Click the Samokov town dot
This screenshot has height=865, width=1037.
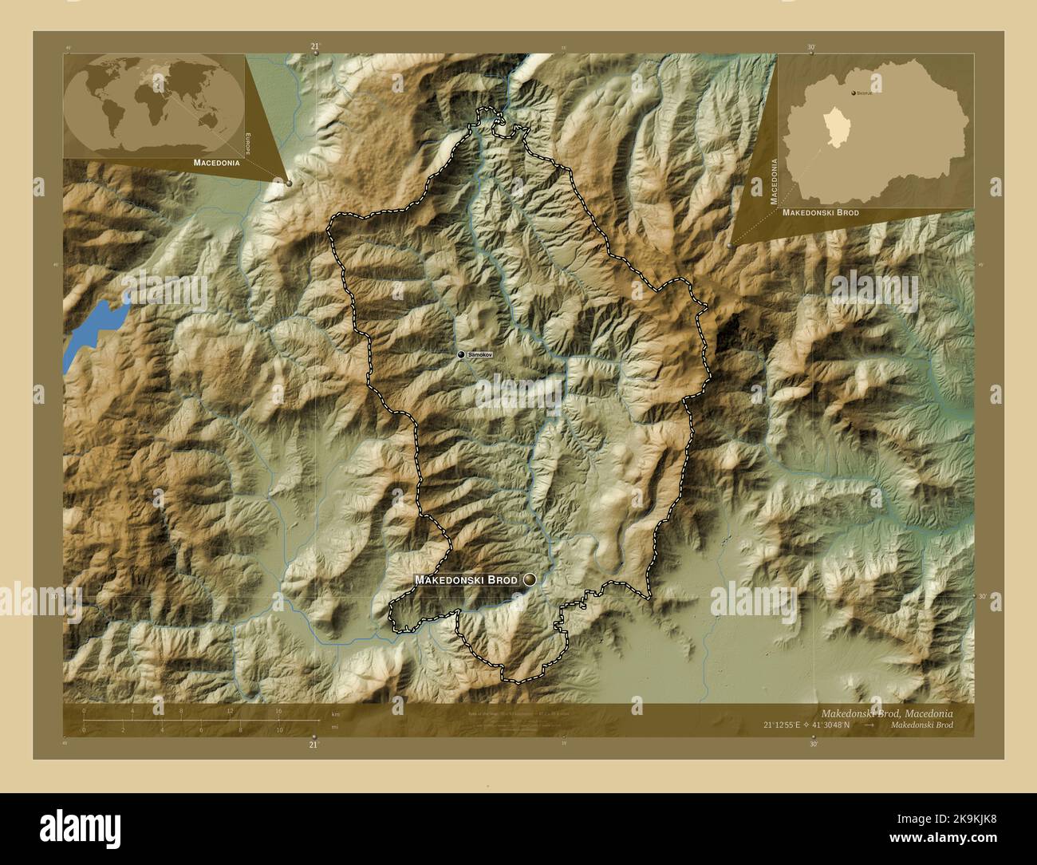(461, 354)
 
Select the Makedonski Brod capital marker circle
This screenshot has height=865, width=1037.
(529, 580)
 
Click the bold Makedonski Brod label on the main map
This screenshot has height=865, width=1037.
(466, 580)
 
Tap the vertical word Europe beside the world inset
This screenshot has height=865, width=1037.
(248, 144)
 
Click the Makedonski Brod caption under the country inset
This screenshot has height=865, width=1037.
(821, 213)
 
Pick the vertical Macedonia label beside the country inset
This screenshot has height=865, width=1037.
(773, 182)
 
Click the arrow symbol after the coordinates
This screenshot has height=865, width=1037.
(870, 725)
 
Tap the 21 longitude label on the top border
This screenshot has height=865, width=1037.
(314, 47)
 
